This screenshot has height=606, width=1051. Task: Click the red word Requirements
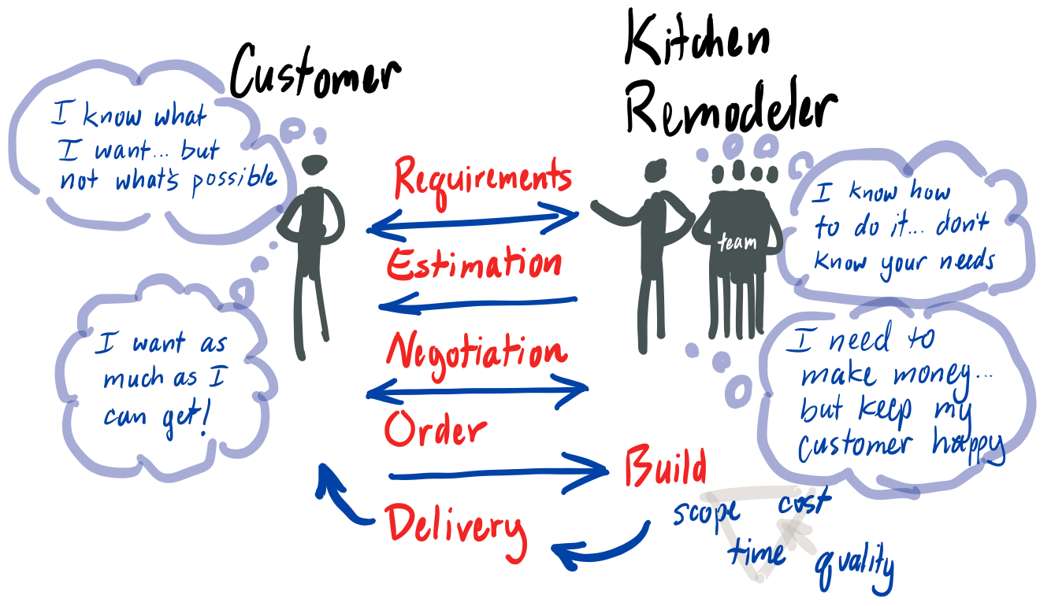point(482,176)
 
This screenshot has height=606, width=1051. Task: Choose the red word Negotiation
point(476,350)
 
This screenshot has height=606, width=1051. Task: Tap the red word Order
point(435,430)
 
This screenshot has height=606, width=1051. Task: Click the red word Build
point(665,467)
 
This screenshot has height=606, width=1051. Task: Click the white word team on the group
point(737,243)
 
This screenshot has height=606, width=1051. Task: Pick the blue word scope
point(706,513)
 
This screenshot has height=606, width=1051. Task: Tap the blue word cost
point(804,502)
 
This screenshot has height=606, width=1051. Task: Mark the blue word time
point(756,551)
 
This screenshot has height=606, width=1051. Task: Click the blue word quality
point(855,565)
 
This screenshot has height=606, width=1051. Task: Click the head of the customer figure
point(315,166)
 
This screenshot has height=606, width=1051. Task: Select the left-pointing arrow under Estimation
point(477,303)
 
